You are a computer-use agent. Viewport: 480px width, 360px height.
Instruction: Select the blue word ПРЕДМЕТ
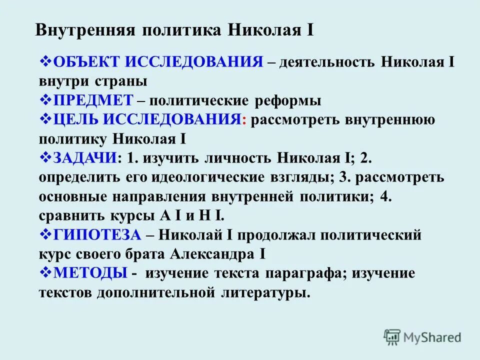(x=92, y=100)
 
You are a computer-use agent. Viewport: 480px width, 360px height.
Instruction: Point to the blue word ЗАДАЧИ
(x=84, y=158)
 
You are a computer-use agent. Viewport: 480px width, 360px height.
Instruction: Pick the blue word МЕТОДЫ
(x=89, y=273)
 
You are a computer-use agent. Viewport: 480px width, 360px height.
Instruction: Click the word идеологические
(x=209, y=177)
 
